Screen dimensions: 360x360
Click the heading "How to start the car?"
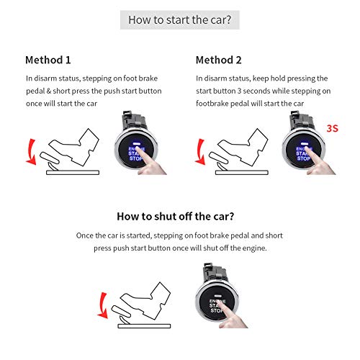tap(179, 19)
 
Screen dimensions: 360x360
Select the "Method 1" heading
tap(49, 60)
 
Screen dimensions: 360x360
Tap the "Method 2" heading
tap(220, 60)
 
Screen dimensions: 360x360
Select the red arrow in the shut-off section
tap(103, 300)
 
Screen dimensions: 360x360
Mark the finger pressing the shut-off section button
tap(238, 315)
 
